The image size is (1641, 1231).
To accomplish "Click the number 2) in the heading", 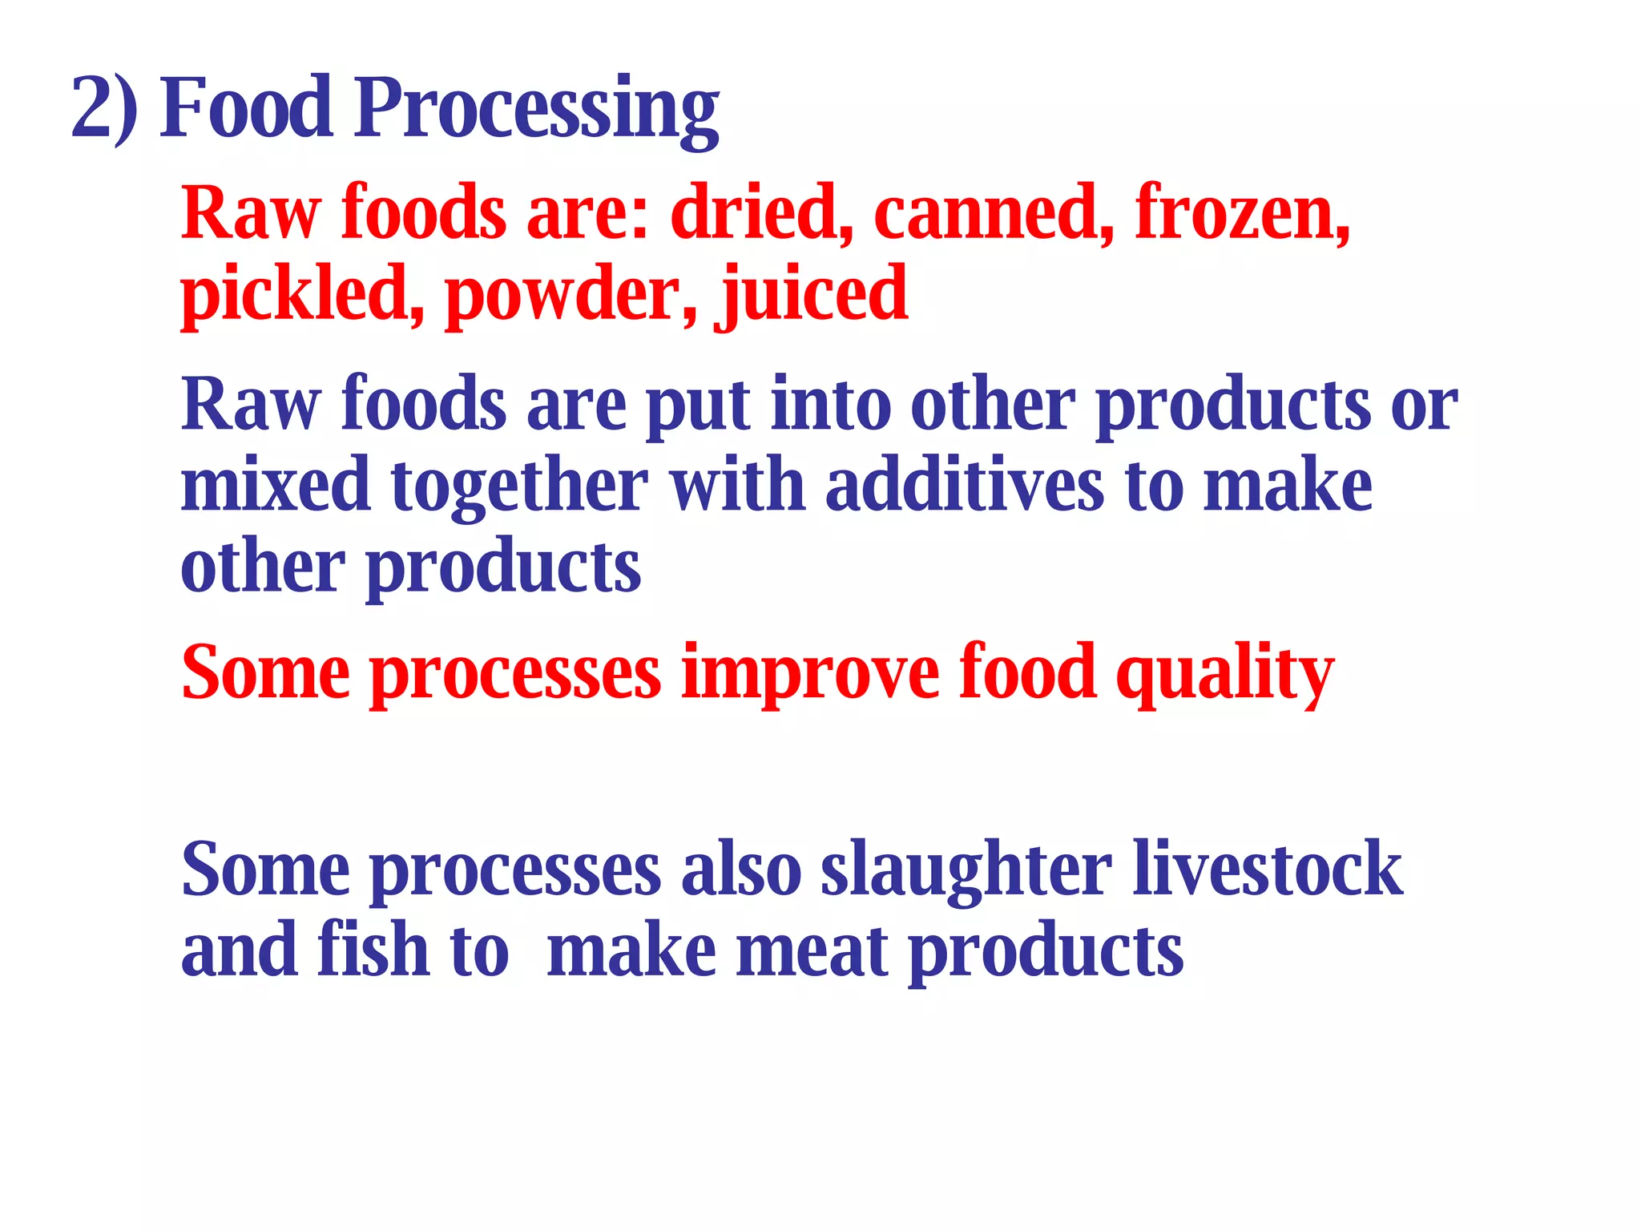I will click(104, 108).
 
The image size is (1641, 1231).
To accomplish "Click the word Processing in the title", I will click(536, 110).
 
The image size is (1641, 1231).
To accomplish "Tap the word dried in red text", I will click(760, 212).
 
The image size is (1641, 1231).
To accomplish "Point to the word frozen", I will click(1242, 212).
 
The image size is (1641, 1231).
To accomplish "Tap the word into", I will click(830, 405).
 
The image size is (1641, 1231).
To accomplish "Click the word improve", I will click(809, 674).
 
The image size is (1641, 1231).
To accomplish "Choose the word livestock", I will click(1267, 870).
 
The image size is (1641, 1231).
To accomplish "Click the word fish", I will click(373, 950).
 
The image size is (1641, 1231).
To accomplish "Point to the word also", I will click(740, 870).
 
